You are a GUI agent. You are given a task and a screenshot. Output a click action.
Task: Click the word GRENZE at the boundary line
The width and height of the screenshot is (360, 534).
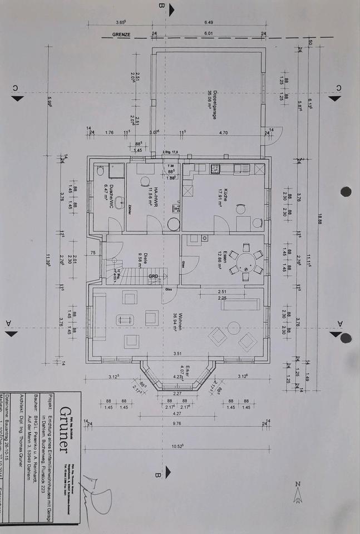(x=121, y=34)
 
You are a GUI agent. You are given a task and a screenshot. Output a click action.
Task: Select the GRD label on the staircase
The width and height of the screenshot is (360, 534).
(x=154, y=276)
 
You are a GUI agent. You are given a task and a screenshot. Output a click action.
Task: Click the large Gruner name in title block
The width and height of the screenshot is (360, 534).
(x=65, y=430)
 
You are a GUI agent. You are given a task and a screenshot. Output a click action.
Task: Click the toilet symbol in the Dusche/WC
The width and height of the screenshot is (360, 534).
(x=100, y=171)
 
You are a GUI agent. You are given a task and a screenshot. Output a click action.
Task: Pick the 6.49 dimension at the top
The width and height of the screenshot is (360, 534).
(x=209, y=23)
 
